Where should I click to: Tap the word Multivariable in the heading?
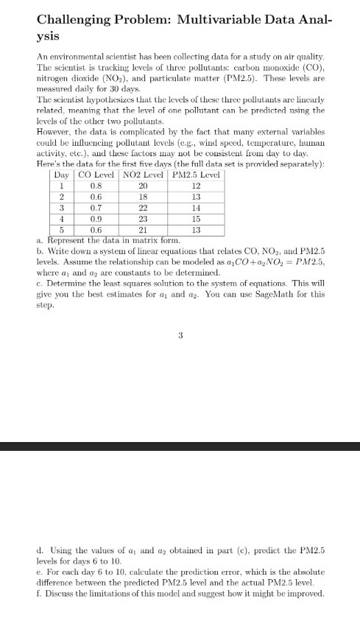[x=250, y=18]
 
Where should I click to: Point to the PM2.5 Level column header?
[x=196, y=175]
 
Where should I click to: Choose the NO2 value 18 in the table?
[x=144, y=197]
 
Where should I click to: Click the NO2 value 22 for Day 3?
[x=144, y=208]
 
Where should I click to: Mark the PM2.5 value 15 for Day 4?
[x=196, y=219]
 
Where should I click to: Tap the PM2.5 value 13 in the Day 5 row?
[x=196, y=230]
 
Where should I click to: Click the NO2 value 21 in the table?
[x=144, y=230]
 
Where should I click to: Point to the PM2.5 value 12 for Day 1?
[x=196, y=186]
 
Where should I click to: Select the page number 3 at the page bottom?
[x=180, y=335]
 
